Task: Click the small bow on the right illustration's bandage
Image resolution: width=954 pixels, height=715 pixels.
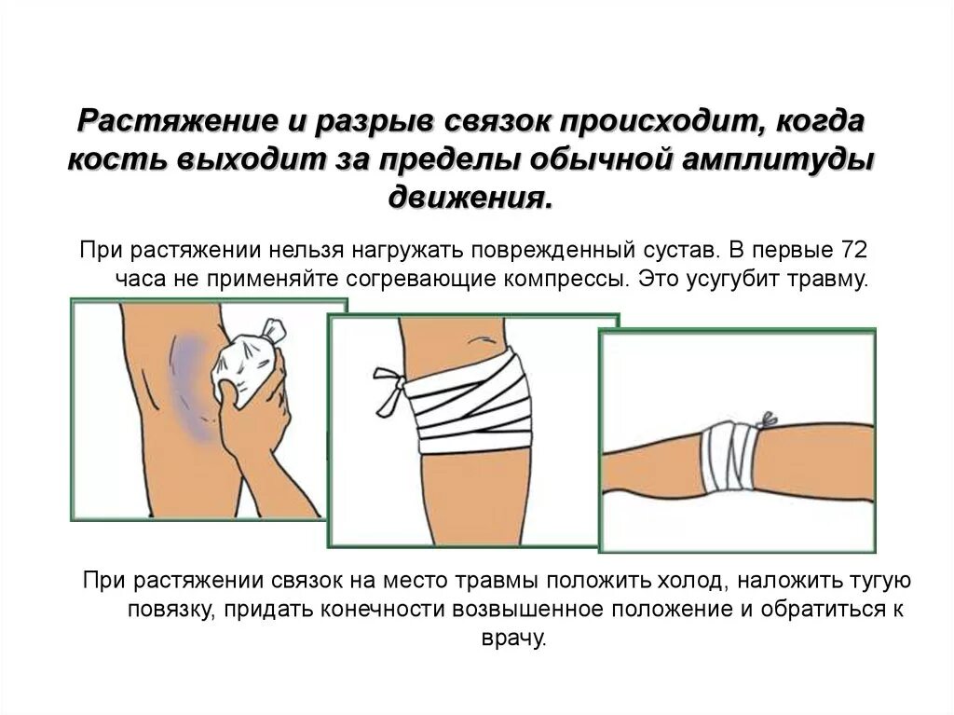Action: point(770,420)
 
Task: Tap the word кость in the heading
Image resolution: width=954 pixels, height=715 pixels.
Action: point(111,158)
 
